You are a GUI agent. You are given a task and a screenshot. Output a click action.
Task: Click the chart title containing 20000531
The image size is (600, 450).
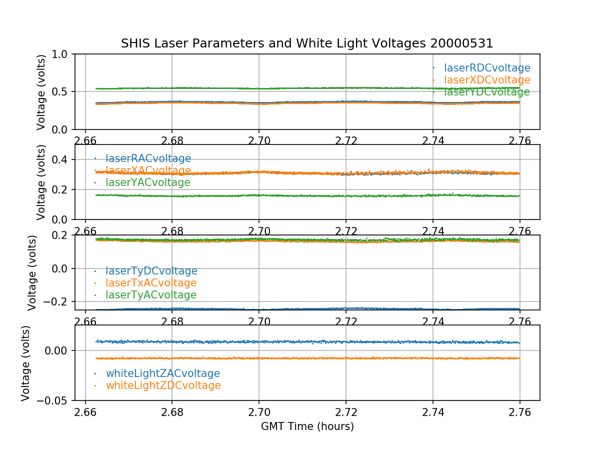coord(307,43)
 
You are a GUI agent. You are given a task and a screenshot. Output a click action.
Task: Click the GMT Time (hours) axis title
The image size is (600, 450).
coord(307,426)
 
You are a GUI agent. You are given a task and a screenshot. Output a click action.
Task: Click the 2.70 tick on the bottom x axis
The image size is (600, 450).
coord(259,411)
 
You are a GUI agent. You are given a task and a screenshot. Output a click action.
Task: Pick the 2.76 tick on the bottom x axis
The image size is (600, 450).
coord(520,411)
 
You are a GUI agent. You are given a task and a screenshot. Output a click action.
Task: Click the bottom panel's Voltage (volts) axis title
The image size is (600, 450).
coord(26,363)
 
